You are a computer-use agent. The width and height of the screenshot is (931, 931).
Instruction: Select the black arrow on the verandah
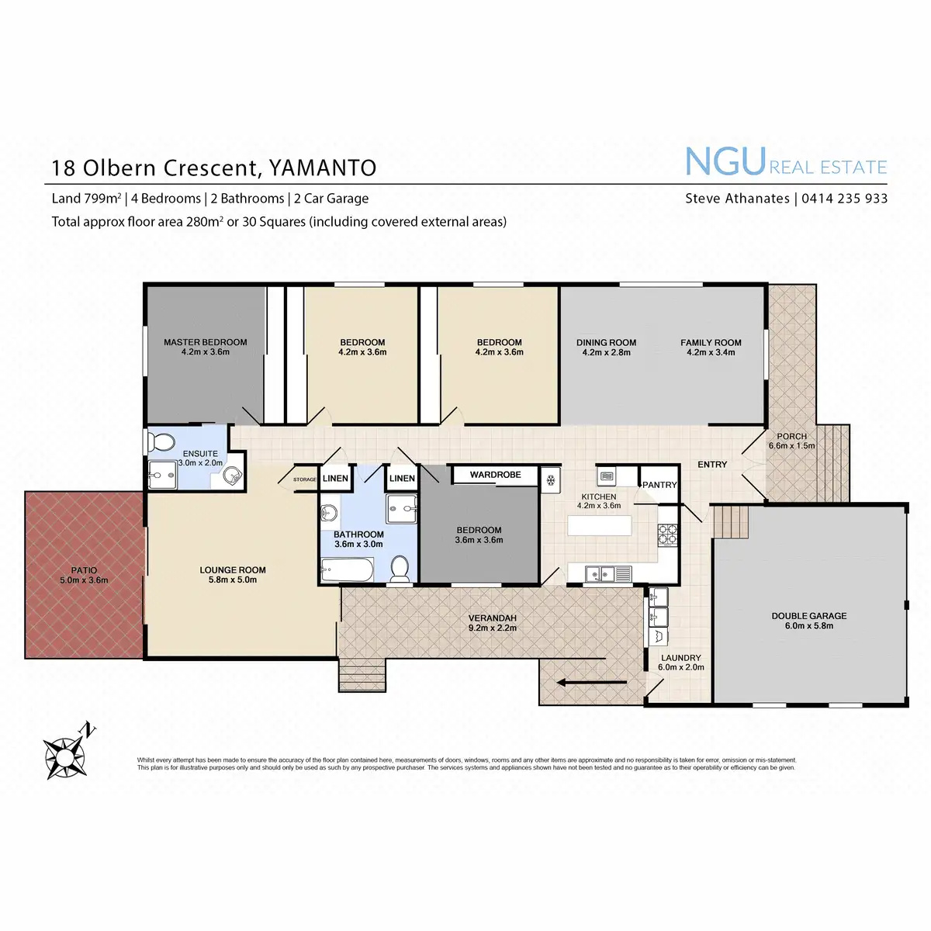[x=592, y=683]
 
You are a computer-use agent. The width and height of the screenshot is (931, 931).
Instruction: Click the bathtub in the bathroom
[x=347, y=572]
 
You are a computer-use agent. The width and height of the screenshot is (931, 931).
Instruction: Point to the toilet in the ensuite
[x=161, y=442]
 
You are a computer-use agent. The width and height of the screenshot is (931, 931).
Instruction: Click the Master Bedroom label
[x=205, y=342]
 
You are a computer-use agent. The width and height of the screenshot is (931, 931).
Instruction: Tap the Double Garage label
[x=808, y=616]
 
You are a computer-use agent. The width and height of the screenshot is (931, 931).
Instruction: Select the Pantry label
[x=659, y=485]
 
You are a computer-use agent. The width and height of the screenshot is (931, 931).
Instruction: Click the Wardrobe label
[x=495, y=475]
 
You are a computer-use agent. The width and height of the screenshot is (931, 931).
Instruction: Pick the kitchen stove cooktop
[x=668, y=533]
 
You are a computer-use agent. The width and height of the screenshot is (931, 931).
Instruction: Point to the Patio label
[x=84, y=570]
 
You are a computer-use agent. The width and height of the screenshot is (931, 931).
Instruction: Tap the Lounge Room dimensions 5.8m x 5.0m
[x=232, y=580]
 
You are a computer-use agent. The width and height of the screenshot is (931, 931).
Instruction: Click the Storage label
[x=304, y=479]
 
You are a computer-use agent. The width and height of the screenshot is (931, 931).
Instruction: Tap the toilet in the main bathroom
[x=400, y=569]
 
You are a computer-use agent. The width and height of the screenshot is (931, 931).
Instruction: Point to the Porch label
[x=791, y=436]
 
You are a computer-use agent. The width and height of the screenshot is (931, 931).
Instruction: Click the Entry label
[x=712, y=464]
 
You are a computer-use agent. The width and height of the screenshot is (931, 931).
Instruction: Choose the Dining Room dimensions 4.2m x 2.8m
[x=606, y=352]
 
